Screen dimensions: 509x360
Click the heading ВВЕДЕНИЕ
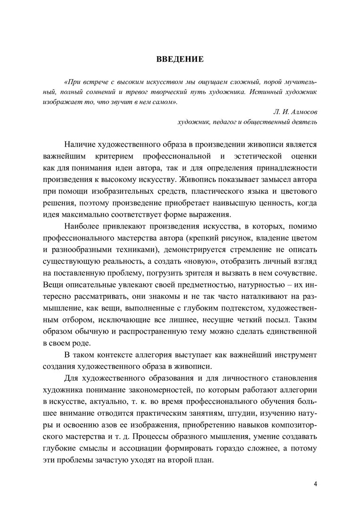pyautogui.click(x=180, y=59)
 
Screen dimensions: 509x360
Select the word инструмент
pyautogui.click(x=293, y=354)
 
